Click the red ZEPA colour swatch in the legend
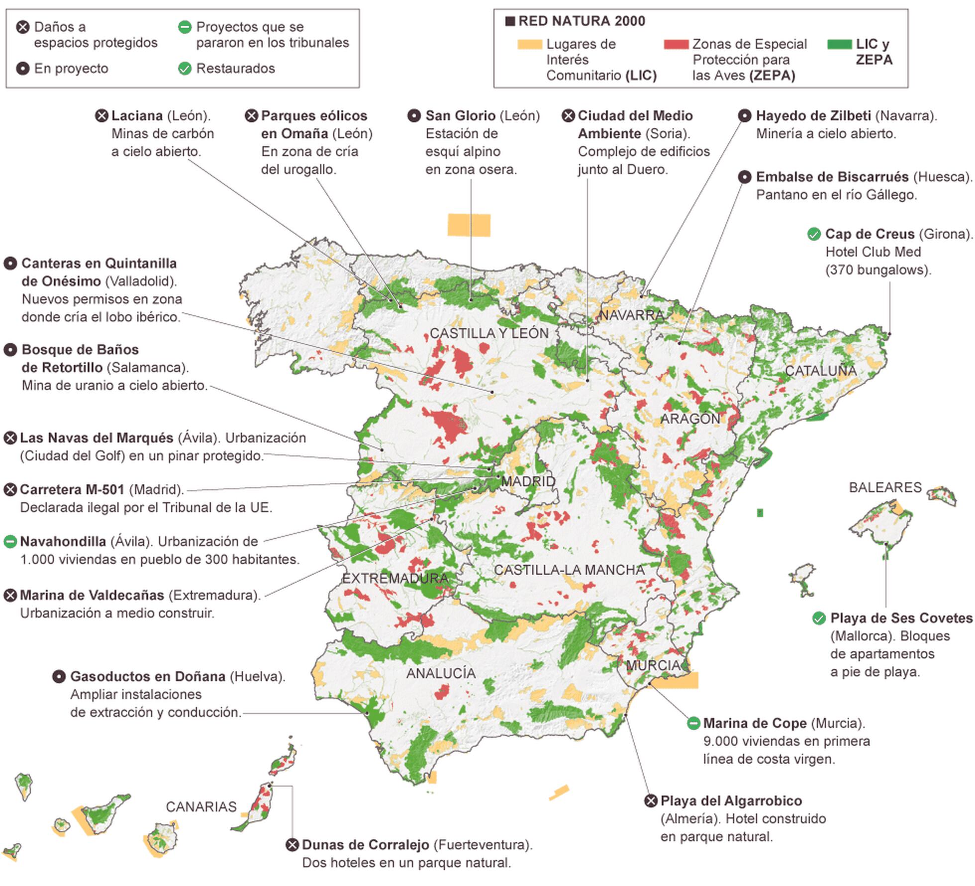pos(676,45)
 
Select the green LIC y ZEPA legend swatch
pos(839,45)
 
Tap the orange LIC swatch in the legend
pos(529,45)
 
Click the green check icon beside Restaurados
pos(185,69)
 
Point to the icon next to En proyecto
pos(23,69)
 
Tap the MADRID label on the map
pos(528,481)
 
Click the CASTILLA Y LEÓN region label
pos(489,333)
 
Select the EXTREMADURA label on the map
pos(395,578)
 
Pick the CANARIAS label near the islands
pos(201,806)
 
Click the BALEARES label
pos(885,487)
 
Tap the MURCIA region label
pos(653,665)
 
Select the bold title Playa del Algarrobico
pos(731,801)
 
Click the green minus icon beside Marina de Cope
pos(693,723)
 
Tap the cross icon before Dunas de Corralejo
pos(292,845)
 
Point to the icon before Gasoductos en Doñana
pos(59,677)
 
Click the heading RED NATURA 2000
pos(581,21)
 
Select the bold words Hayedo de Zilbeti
pos(813,116)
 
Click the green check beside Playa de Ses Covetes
pos(819,619)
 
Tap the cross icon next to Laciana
pos(101,116)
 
